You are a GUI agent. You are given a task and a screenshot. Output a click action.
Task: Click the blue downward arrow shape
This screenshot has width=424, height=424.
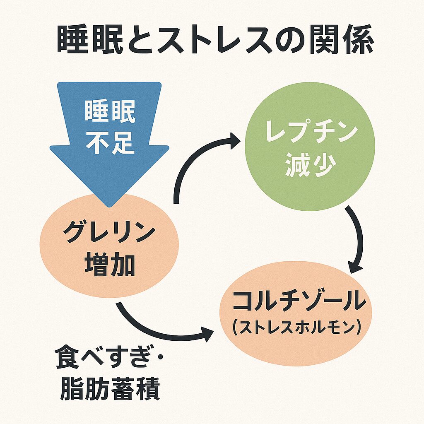click(x=109, y=124)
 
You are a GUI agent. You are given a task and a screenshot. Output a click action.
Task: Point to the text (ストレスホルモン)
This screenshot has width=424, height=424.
click(x=296, y=328)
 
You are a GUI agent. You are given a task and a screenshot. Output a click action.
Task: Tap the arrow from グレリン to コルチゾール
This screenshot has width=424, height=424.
click(x=161, y=327)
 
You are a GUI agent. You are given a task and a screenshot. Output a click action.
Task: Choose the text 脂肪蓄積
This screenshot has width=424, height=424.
click(x=110, y=389)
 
